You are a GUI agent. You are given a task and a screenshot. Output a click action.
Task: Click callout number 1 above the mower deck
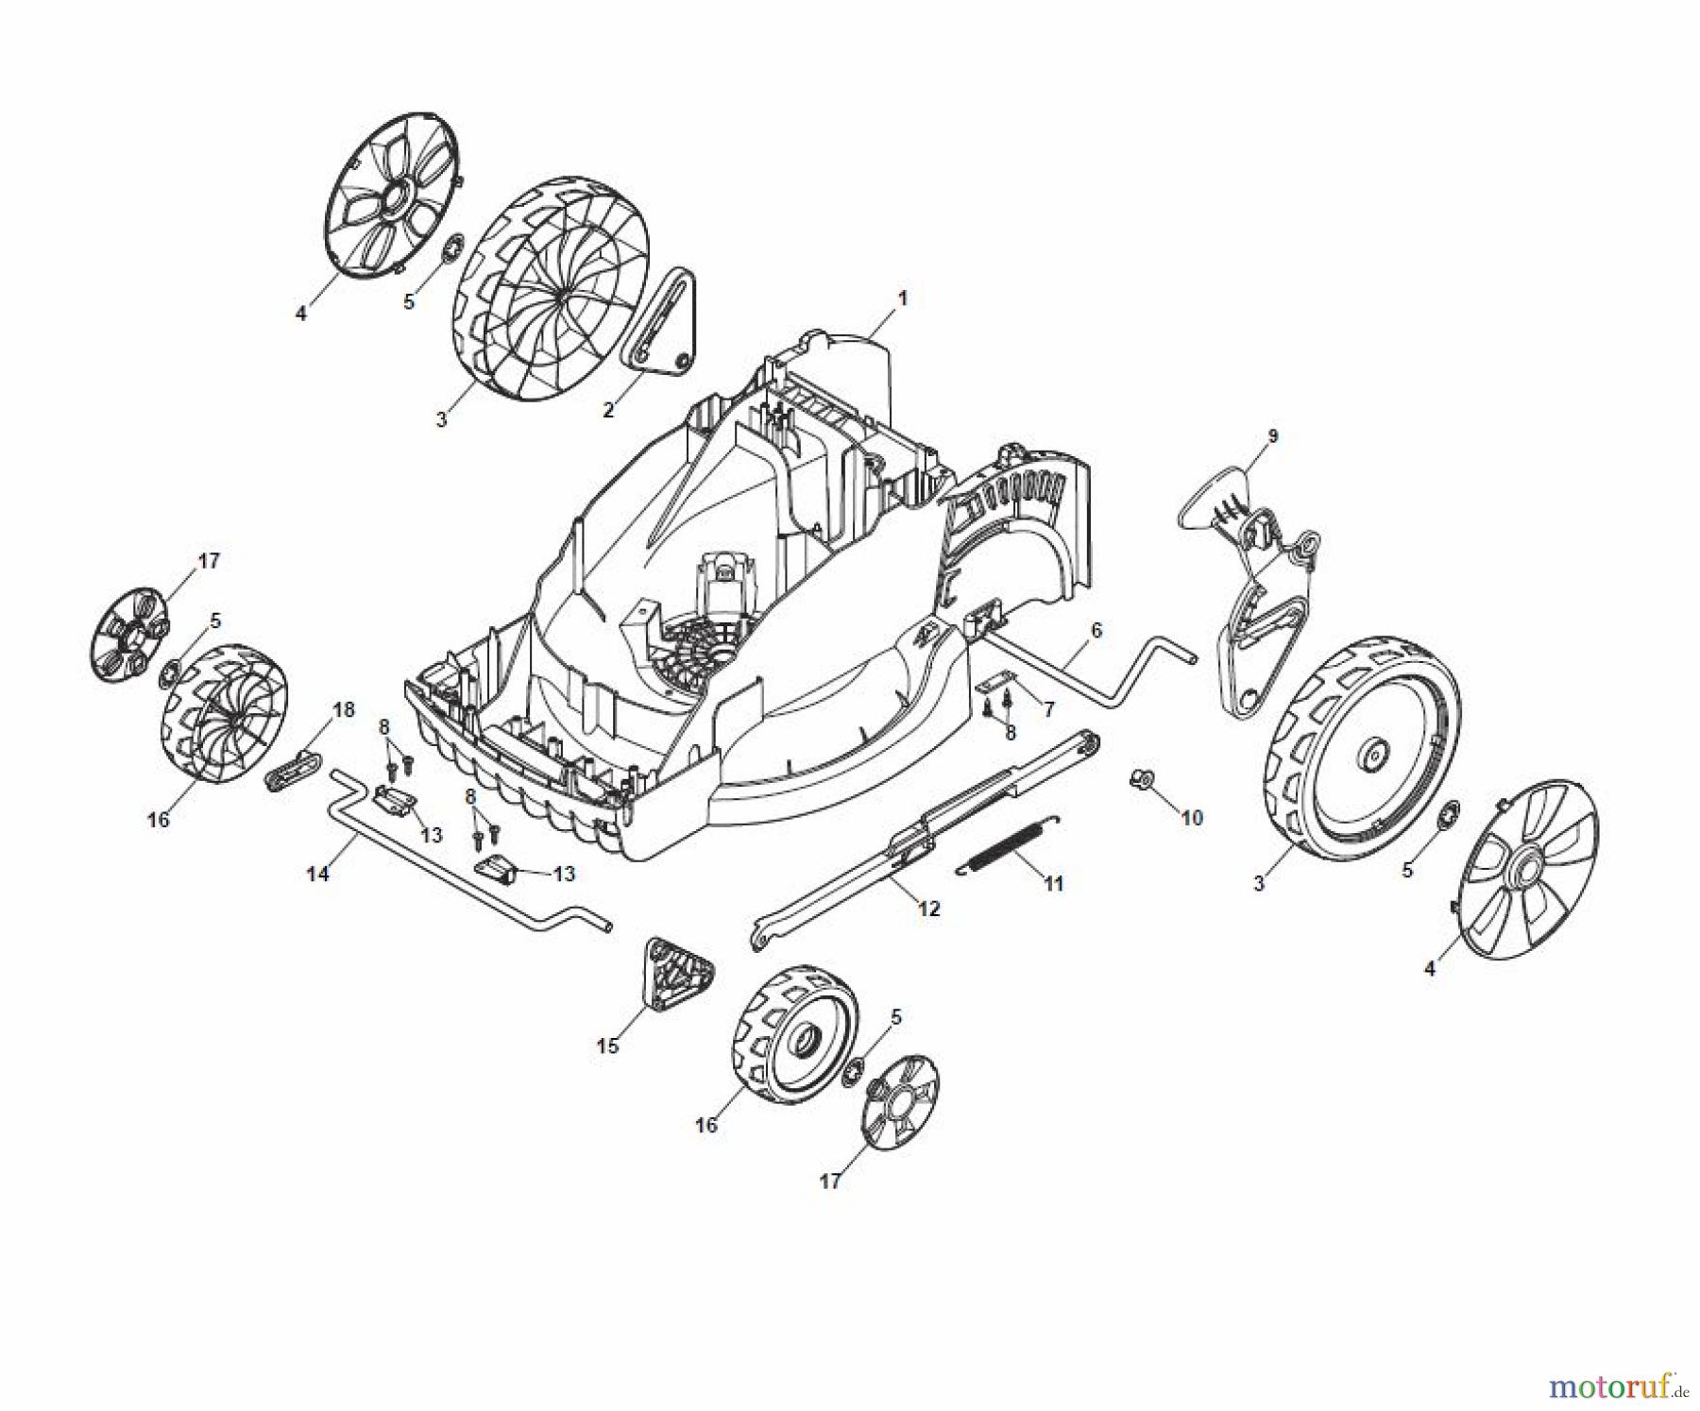(902, 298)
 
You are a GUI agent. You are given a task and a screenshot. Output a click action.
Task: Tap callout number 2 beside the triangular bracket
(609, 409)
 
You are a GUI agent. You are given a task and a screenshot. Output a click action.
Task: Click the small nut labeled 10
(1140, 777)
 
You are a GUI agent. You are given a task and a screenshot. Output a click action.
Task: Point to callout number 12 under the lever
(929, 909)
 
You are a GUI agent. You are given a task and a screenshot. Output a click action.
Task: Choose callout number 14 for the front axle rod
(318, 874)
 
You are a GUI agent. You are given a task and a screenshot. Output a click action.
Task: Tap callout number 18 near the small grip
(344, 709)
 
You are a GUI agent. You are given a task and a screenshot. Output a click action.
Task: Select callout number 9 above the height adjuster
(1272, 436)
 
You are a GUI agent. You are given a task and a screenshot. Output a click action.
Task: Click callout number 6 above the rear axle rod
(1096, 630)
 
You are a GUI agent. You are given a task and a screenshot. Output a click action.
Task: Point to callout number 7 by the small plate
(1047, 707)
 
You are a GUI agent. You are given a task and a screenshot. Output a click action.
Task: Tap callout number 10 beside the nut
(1192, 817)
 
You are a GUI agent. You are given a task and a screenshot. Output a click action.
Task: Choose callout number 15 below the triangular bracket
(607, 1045)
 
